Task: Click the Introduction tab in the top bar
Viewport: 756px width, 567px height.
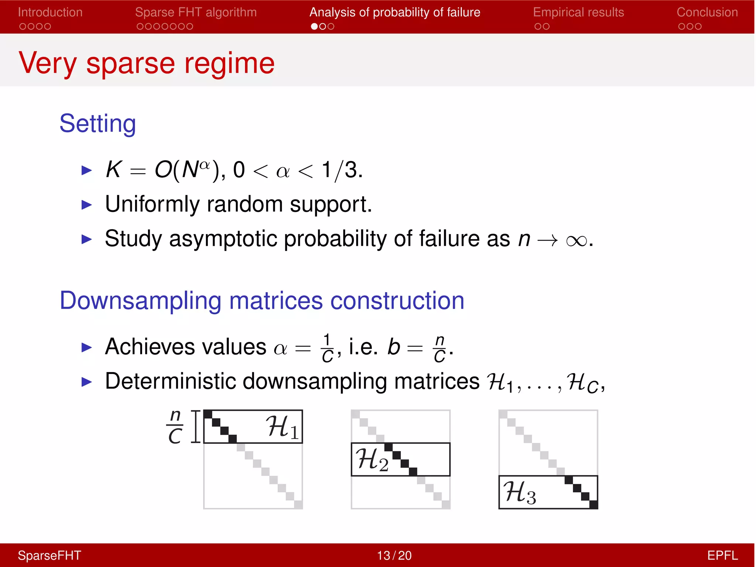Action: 50,12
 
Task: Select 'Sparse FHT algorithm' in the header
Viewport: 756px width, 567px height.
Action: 196,12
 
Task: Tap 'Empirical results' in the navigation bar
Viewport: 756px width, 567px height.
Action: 578,12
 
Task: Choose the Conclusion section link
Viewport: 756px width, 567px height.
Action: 707,12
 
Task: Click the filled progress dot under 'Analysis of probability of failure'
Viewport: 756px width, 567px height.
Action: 314,27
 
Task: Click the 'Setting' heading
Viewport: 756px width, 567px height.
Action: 98,124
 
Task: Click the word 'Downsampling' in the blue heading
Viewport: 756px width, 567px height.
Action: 140,301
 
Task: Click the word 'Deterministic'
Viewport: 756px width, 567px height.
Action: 170,381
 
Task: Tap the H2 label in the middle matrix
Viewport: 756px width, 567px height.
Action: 372,460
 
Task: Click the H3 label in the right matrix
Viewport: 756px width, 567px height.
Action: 520,492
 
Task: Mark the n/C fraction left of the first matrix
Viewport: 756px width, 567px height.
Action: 175,427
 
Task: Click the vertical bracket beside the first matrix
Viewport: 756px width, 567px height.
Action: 196,426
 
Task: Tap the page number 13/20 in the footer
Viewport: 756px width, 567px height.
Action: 394,556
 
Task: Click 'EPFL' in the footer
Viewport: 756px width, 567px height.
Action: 722,556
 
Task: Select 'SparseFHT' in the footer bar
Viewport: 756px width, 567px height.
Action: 49,556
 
